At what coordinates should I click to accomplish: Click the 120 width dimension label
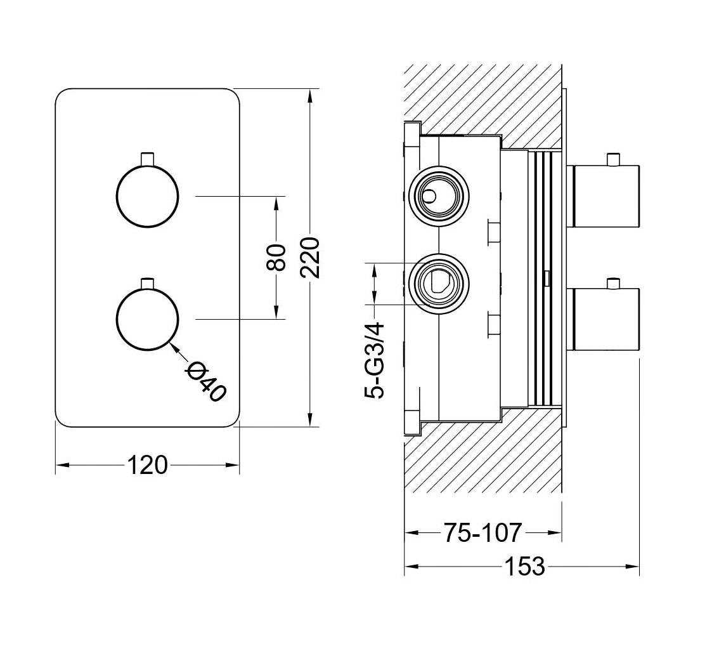148,465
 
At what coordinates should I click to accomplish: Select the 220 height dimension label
310,257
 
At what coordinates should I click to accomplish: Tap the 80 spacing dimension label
277,257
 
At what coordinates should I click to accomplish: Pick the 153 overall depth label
525,566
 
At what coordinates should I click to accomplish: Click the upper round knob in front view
148,196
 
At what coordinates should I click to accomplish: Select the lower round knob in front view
148,319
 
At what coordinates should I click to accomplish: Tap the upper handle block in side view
606,195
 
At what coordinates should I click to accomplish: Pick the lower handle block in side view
606,319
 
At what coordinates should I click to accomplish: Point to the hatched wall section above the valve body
482,95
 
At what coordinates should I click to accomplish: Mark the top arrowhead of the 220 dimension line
310,96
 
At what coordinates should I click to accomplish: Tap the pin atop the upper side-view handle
612,159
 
